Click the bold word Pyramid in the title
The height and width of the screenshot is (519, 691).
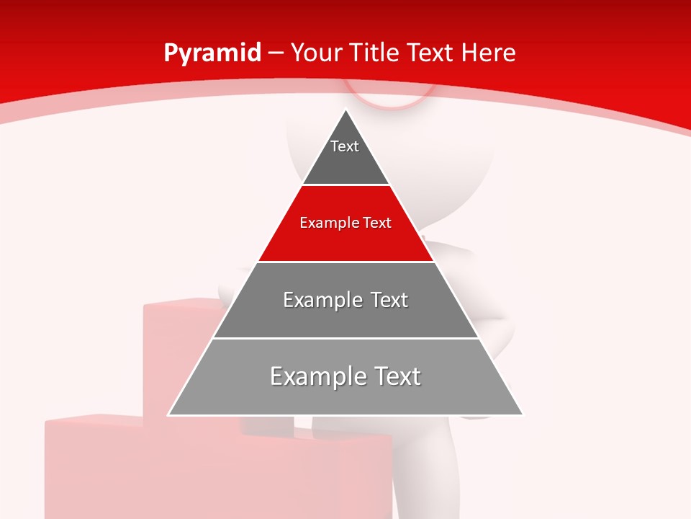pyautogui.click(x=212, y=53)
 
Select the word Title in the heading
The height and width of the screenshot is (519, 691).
pyautogui.click(x=376, y=53)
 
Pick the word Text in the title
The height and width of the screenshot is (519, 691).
pyautogui.click(x=430, y=53)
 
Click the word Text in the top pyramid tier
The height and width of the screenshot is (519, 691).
pyautogui.click(x=345, y=146)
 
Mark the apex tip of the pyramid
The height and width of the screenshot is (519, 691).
pyautogui.click(x=346, y=110)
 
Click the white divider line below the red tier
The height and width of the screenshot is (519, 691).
pyautogui.click(x=345, y=262)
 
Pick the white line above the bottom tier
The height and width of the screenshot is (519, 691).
pyautogui.click(x=345, y=338)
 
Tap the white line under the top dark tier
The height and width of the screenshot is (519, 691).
pyautogui.click(x=345, y=185)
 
